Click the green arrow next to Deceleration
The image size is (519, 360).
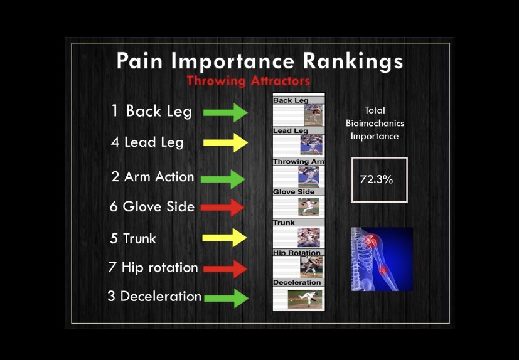coord(227,297)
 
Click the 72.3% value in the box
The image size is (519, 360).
coord(377,179)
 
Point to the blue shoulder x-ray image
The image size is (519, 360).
coord(382,258)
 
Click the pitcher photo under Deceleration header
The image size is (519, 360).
coord(305,298)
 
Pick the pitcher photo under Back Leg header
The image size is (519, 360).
coord(313,115)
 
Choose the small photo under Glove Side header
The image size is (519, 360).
coord(308,207)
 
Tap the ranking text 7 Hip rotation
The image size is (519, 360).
coord(153,268)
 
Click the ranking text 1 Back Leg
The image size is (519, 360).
coord(151,112)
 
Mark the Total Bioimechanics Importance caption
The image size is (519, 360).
coord(375,123)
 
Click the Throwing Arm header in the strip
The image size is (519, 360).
coord(299,162)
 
